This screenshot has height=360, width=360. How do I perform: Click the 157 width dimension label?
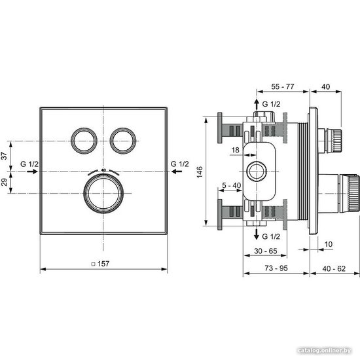[x=103, y=264]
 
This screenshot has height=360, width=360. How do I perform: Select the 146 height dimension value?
[x=200, y=172]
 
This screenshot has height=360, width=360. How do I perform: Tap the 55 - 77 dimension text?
[x=282, y=86]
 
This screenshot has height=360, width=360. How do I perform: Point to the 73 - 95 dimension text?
[x=276, y=268]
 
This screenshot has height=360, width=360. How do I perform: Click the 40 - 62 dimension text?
[x=334, y=268]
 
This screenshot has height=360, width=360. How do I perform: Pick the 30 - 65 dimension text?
[x=266, y=251]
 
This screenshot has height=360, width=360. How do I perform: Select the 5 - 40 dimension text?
[x=232, y=185]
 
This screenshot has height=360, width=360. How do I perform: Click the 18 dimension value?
[x=236, y=150]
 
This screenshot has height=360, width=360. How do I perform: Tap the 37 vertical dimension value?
[x=5, y=156]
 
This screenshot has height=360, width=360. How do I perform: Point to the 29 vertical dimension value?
[x=5, y=182]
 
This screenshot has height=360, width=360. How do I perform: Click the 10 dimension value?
[x=329, y=244]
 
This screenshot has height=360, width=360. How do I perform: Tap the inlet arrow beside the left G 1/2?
[x=32, y=171]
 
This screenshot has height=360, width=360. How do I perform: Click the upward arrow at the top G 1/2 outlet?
[x=257, y=105]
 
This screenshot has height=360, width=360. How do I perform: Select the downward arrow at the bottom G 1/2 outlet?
[x=257, y=234]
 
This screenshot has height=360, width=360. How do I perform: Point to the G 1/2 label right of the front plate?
[x=180, y=164]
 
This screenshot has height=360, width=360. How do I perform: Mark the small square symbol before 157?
[x=93, y=264]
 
